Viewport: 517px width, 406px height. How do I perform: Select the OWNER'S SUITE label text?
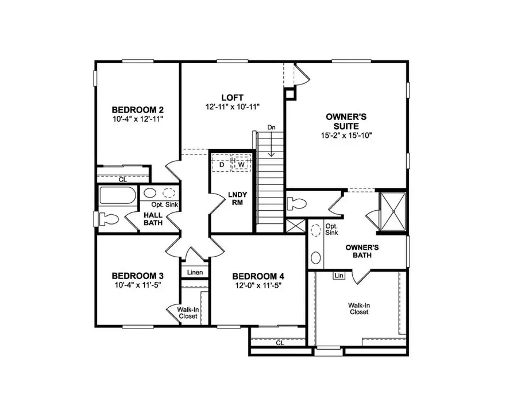342,121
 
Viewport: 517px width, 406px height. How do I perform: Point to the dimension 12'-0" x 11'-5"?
257,285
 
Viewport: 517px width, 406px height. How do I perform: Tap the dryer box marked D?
221,164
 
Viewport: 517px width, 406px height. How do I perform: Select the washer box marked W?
241,164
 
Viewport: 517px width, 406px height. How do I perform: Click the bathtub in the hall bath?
118,196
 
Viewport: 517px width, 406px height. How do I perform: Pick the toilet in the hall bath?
108,219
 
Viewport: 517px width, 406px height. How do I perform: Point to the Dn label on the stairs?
271,127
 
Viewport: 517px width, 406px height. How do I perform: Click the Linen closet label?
194,272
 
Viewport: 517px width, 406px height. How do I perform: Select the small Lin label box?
339,276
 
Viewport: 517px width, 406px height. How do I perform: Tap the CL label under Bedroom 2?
122,179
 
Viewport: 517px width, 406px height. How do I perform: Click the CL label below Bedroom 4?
280,343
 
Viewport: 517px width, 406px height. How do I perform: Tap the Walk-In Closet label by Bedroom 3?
188,313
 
